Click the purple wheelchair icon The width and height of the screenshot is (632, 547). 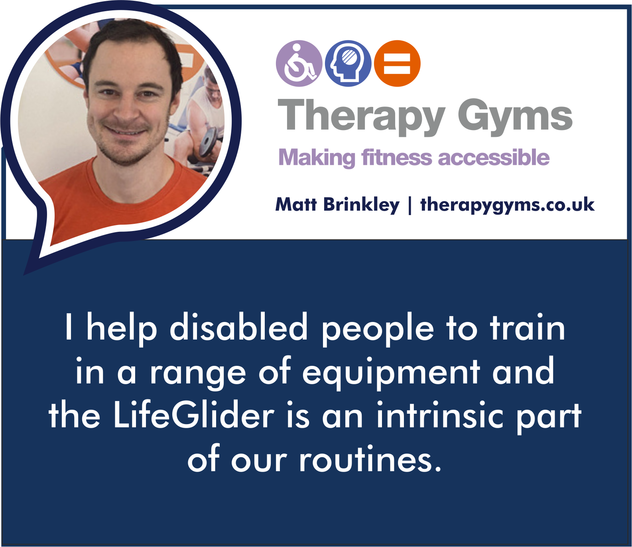(x=299, y=63)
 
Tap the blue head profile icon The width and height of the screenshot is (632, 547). (x=348, y=63)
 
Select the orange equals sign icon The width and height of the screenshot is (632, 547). (x=397, y=63)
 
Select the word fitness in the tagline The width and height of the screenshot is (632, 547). (x=397, y=157)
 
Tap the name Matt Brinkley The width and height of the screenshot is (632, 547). (x=337, y=205)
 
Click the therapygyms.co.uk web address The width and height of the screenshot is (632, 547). (x=507, y=205)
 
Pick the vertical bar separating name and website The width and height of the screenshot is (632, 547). (x=410, y=205)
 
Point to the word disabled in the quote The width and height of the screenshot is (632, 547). (x=239, y=327)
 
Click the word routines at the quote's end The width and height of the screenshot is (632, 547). (x=370, y=459)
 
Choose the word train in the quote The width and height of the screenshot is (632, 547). (x=527, y=327)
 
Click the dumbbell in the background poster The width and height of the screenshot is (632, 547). (x=210, y=142)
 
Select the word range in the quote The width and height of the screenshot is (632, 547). (x=197, y=374)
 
